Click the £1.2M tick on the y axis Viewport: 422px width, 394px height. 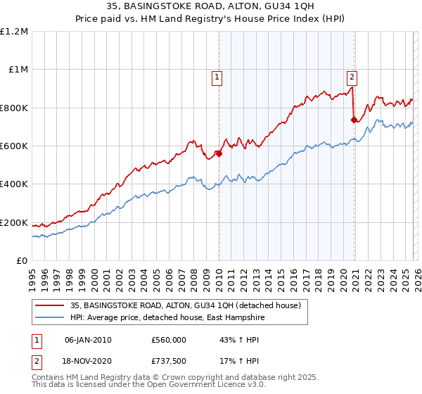[x=15, y=31]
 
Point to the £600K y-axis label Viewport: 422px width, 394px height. [x=14, y=146]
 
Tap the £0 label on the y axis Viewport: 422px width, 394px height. [x=22, y=261]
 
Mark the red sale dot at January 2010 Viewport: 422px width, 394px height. [x=219, y=153]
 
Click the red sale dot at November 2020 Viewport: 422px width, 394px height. [x=354, y=120]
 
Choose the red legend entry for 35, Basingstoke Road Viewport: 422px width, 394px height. [x=185, y=305]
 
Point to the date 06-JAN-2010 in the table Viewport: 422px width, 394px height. [x=88, y=339]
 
